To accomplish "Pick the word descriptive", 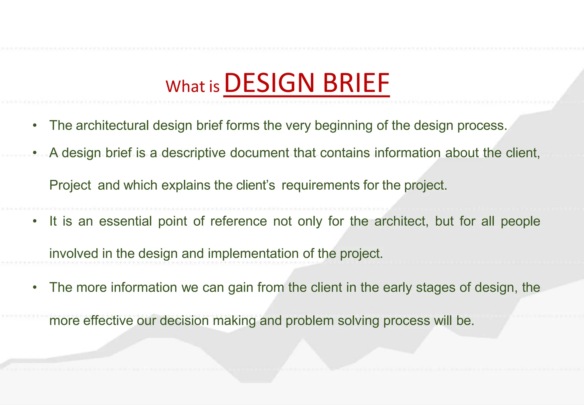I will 194,153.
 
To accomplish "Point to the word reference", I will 238,221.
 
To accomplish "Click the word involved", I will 74,254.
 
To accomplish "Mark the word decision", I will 184,320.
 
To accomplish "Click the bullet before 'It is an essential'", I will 35,221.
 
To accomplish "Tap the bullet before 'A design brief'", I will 35,153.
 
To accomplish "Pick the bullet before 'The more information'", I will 35,287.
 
